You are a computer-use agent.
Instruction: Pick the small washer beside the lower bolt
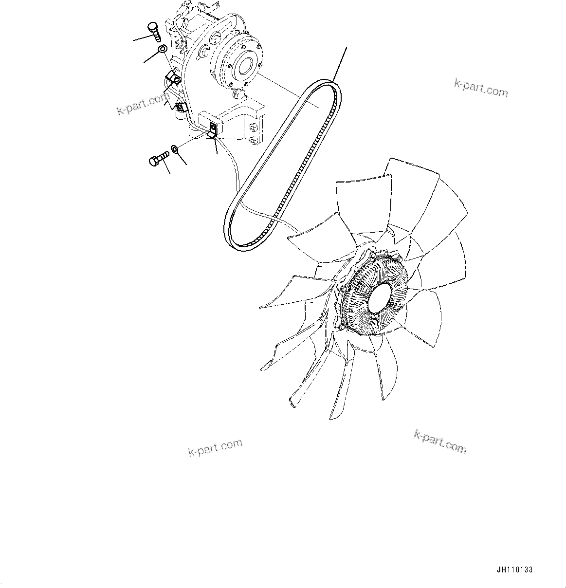pos(175,148)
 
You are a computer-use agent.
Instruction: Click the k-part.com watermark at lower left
pos(215,448)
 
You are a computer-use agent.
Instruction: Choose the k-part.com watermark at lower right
pos(440,441)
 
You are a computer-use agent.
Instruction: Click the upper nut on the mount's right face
pos(253,128)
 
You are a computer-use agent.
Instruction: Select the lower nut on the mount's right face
pos(253,141)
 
